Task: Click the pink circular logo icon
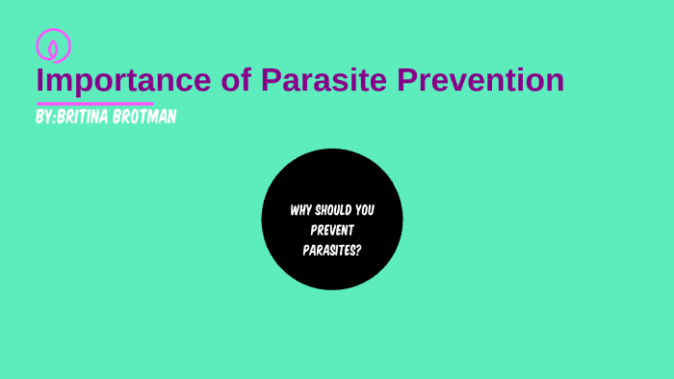pos(53,45)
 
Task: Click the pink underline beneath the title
pos(94,102)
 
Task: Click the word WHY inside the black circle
pos(300,209)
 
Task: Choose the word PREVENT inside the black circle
pos(332,229)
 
